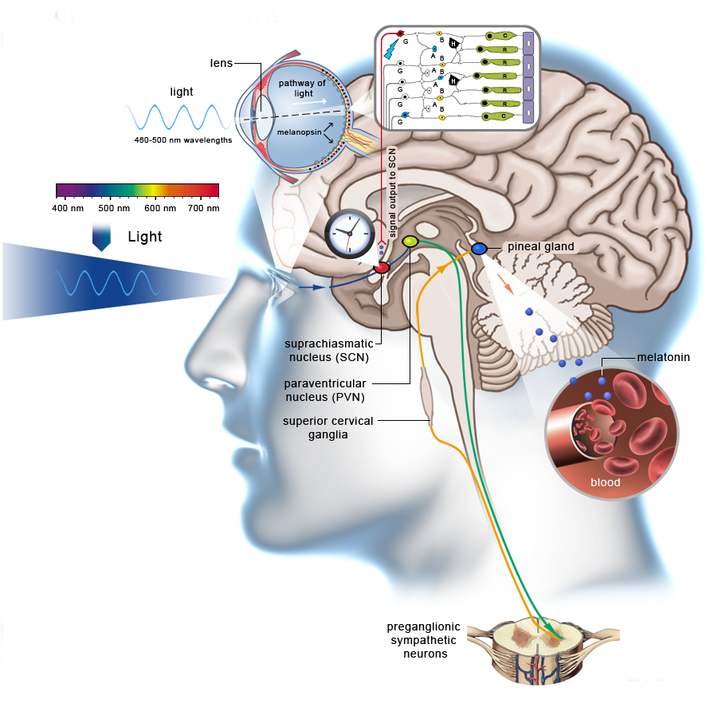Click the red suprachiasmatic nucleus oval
[382, 268]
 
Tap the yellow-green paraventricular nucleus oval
[410, 241]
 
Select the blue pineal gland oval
[479, 249]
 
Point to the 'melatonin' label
[663, 359]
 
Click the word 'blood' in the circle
[605, 482]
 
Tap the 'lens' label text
[222, 62]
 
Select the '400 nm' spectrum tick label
[68, 208]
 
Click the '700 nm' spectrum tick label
[202, 208]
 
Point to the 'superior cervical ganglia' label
[328, 426]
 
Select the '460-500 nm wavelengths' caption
[182, 139]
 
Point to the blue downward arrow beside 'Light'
[101, 238]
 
